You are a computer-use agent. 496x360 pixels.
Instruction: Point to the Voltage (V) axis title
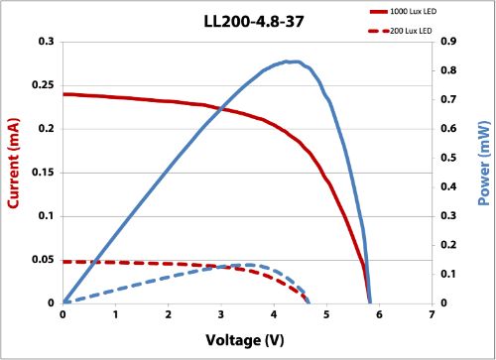tap(247, 340)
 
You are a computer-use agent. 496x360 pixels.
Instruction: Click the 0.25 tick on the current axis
tap(44, 85)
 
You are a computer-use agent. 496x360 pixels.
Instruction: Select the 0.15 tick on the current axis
tap(44, 173)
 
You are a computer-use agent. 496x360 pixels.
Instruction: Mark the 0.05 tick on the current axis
tap(44, 260)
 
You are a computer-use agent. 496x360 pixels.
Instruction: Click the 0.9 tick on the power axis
tap(448, 42)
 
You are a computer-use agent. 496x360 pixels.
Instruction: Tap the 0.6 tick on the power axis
tap(448, 129)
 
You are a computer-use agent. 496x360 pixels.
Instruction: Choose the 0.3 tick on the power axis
tap(448, 216)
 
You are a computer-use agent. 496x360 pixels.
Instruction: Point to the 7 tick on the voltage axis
tap(433, 315)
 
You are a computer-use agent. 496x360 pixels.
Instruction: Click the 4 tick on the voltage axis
tap(274, 315)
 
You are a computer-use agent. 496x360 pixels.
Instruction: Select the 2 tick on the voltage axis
tap(169, 315)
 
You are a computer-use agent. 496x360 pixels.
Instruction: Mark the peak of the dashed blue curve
tap(247, 265)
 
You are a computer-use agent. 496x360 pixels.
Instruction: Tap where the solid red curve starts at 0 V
tap(63, 94)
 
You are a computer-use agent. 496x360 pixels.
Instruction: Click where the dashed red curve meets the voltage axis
tap(309, 302)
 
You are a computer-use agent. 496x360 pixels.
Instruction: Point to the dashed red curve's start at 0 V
tap(63, 262)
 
